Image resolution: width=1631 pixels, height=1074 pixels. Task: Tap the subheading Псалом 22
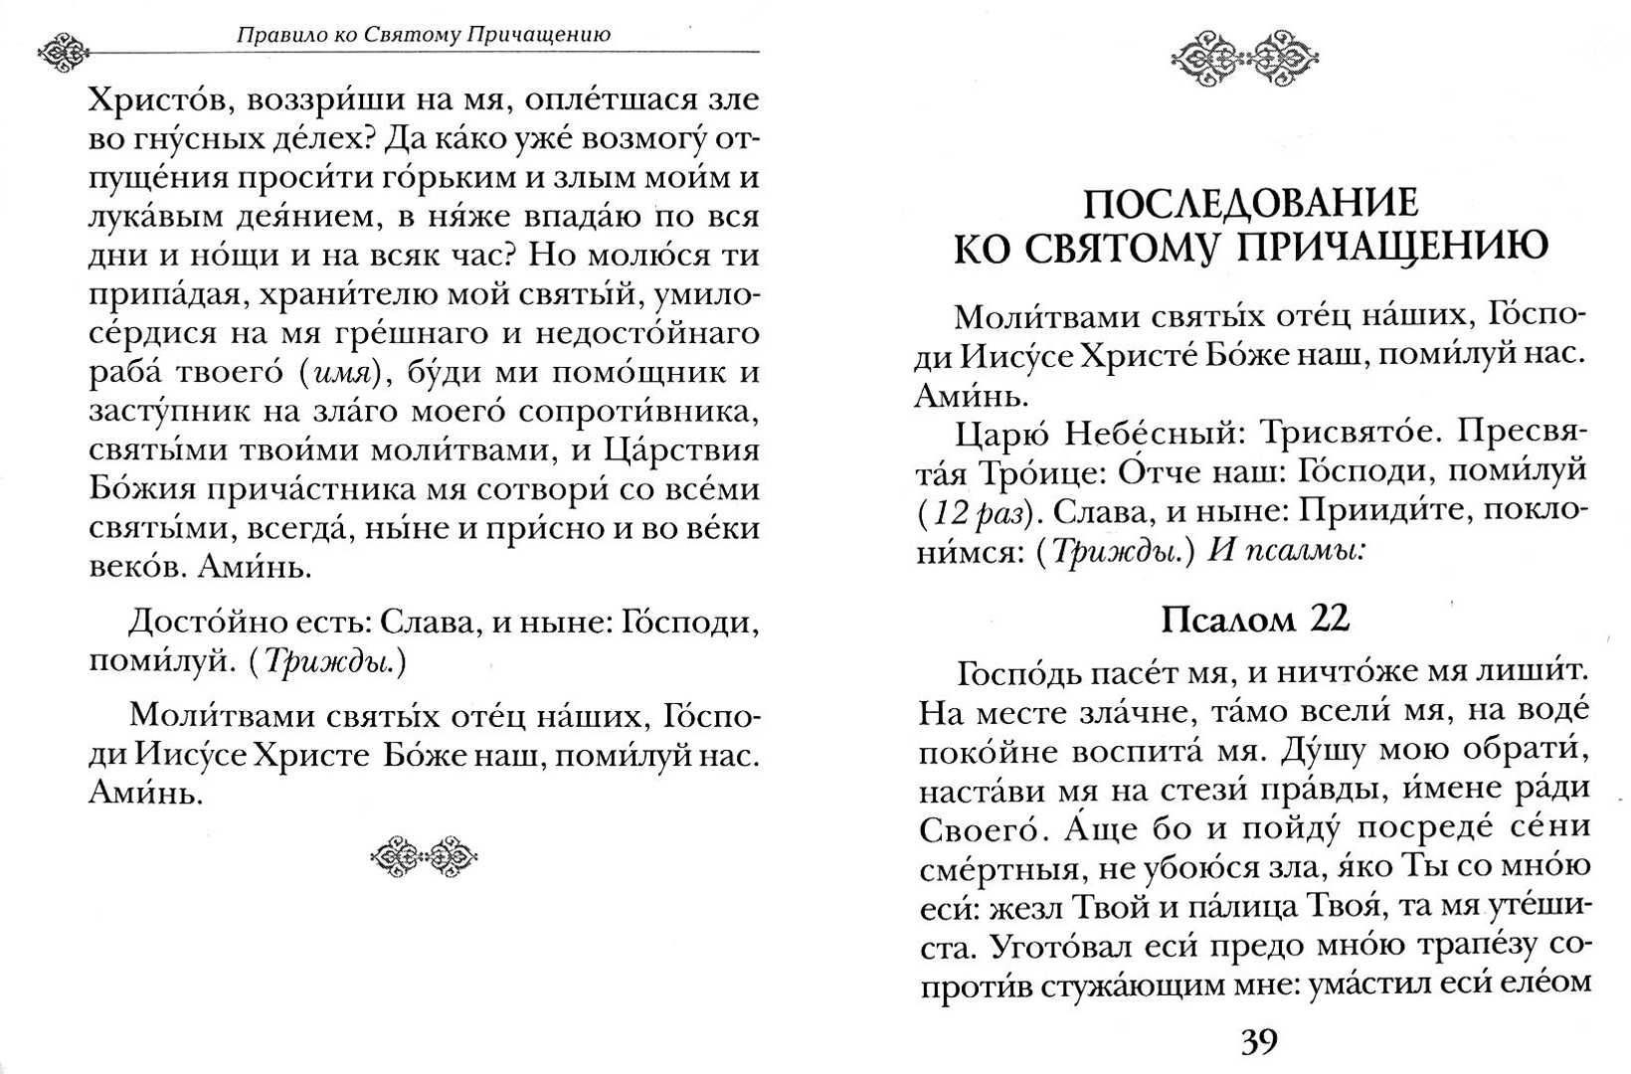tap(1254, 620)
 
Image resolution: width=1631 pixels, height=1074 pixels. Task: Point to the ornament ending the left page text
tap(425, 853)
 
